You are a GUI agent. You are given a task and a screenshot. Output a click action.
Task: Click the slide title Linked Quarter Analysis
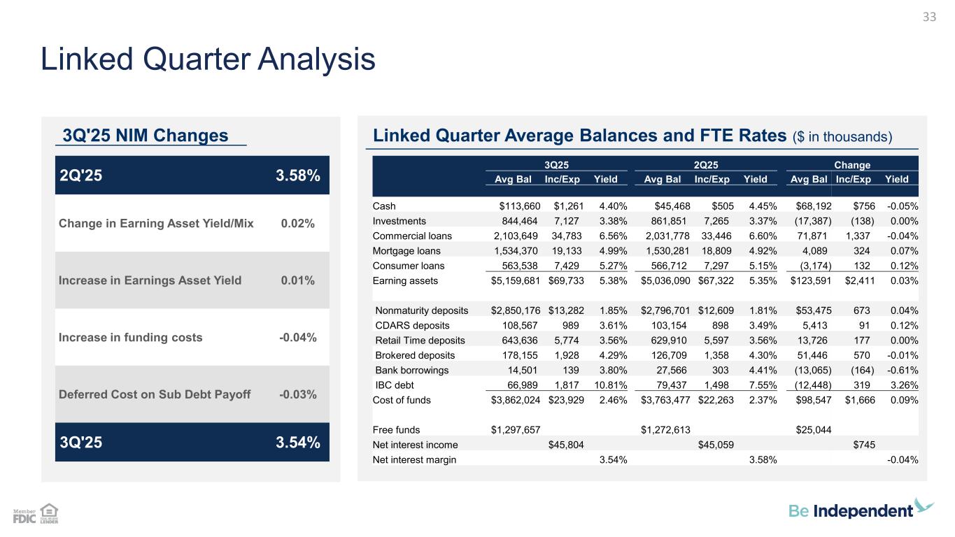point(208,60)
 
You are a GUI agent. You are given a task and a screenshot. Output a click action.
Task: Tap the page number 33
point(929,17)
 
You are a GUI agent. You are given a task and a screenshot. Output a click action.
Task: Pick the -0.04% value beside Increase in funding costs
point(297,338)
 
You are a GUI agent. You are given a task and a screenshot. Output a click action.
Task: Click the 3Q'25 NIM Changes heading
point(146,136)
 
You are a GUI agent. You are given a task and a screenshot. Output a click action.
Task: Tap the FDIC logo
point(24,517)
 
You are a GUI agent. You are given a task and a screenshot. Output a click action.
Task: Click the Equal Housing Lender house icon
point(49,513)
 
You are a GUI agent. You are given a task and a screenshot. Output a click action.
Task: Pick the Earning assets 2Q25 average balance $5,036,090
point(666,280)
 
